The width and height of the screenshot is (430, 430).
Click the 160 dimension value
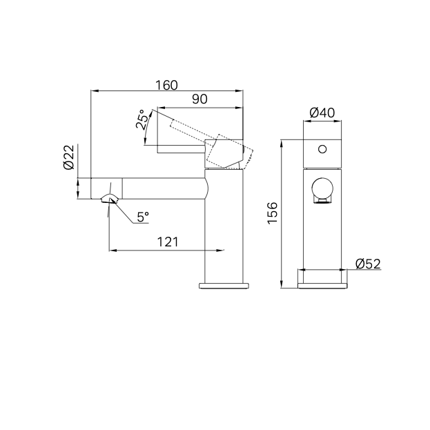click(x=166, y=86)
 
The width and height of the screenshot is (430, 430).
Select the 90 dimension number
click(x=199, y=99)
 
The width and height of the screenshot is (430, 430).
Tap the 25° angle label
click(x=143, y=119)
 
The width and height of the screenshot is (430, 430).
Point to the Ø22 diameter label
click(x=69, y=157)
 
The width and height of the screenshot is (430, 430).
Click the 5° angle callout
click(x=143, y=217)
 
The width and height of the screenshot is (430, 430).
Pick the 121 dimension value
click(x=168, y=242)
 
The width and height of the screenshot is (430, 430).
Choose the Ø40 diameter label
click(x=322, y=113)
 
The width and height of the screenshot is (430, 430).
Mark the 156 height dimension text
click(x=273, y=213)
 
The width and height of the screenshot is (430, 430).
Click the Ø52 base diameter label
click(x=369, y=264)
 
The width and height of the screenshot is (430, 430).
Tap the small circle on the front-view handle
click(x=322, y=149)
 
